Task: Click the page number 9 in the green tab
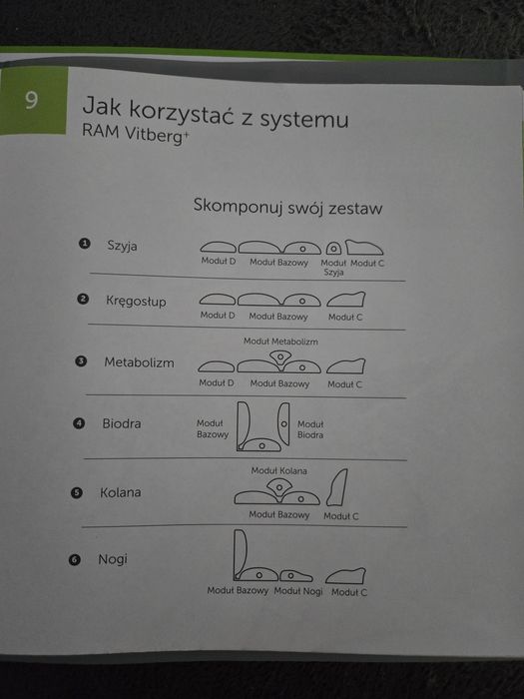[x=32, y=100]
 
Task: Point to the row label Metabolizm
[x=139, y=362]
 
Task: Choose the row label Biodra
[x=122, y=423]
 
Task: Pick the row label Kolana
[x=120, y=492]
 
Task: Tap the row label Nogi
[x=113, y=559]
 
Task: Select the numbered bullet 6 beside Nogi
[x=75, y=560]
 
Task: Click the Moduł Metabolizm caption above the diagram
[x=280, y=342]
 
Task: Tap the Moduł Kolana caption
[x=278, y=470]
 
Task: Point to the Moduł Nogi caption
[x=298, y=591]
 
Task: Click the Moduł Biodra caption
[x=309, y=429]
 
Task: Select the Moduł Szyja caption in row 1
[x=333, y=267]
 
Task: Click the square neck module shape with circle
[x=334, y=248]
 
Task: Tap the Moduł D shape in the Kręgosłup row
[x=219, y=299]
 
